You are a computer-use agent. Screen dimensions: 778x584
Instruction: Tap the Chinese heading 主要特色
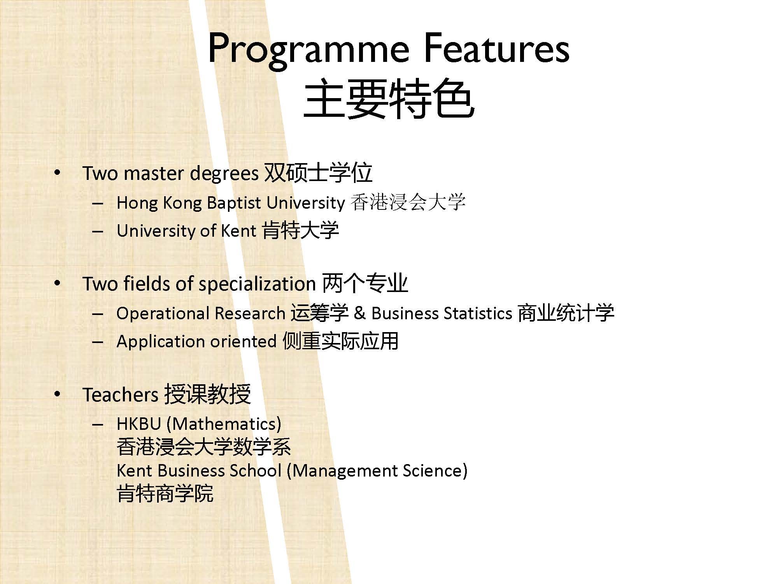point(389,99)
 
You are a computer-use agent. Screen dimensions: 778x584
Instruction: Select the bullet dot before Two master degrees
point(58,173)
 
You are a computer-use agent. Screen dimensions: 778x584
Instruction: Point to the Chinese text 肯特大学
point(300,230)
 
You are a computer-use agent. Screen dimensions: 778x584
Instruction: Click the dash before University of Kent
point(98,231)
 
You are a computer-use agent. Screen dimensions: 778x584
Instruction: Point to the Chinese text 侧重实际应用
point(340,341)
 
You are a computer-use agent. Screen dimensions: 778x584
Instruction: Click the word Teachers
point(120,395)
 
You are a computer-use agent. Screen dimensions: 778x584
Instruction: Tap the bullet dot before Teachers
point(58,394)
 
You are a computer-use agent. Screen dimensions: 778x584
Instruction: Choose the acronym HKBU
point(139,424)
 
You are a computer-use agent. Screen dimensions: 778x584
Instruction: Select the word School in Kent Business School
point(256,471)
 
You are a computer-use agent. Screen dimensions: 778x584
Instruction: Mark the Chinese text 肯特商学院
point(165,493)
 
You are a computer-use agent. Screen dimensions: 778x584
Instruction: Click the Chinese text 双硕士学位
point(318,172)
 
